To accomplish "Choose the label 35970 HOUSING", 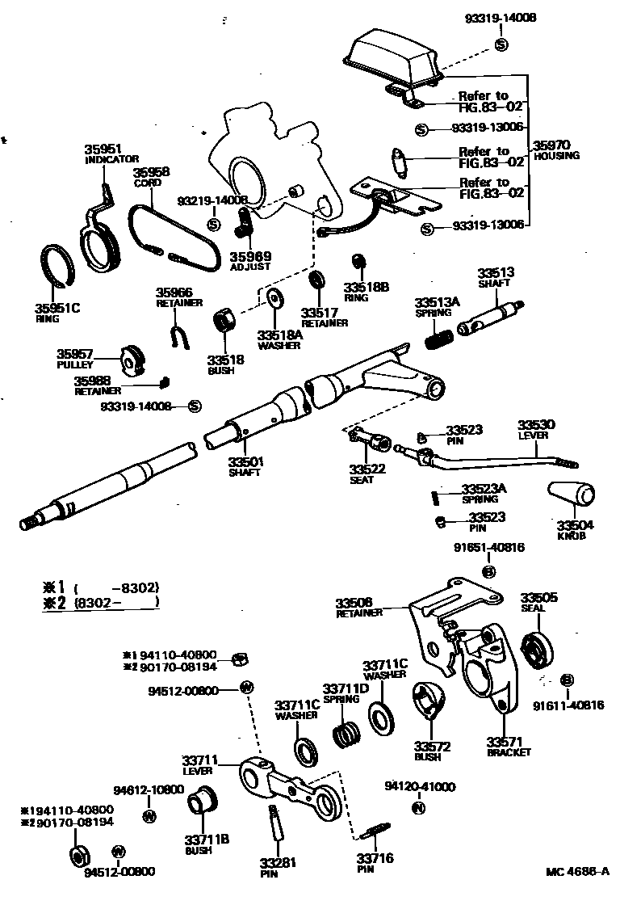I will click(556, 150).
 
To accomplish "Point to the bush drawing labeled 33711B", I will click(202, 808).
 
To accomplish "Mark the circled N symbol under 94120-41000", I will click(418, 807).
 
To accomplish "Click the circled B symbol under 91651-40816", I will click(488, 572).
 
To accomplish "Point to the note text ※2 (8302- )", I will click(101, 602).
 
